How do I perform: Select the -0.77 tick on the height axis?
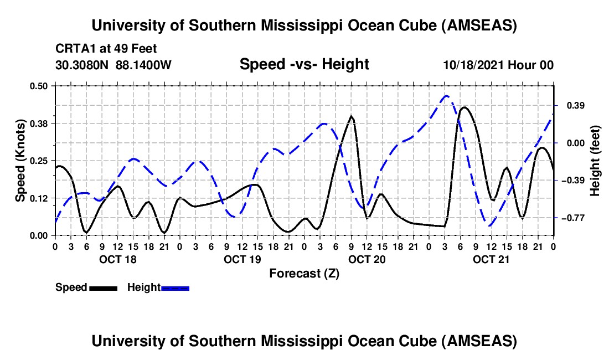572,218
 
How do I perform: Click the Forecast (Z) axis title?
304,273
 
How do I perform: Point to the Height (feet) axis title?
596,161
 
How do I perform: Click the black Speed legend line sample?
103,287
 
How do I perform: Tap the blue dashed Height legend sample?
175,287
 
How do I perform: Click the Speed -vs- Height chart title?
304,64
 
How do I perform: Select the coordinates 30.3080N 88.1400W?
113,65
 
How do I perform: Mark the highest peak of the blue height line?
446,95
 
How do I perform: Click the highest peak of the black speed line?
464,107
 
